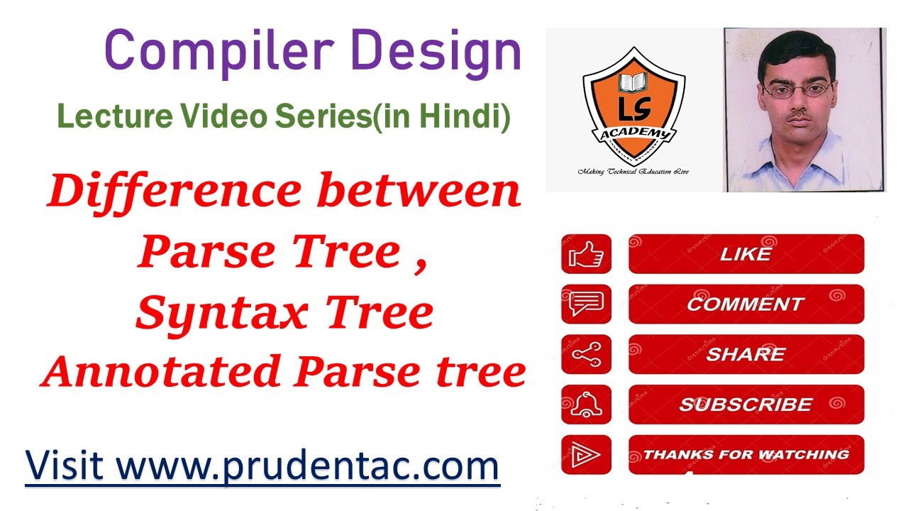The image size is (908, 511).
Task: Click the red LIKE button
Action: tap(746, 254)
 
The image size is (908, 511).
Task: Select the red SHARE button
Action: tap(746, 354)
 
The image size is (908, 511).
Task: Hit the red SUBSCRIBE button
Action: tap(746, 405)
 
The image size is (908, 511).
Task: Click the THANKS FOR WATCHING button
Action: tap(746, 455)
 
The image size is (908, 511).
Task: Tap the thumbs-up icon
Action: tap(586, 254)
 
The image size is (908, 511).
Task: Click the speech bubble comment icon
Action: tap(586, 304)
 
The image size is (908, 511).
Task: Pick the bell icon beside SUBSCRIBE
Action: tap(586, 405)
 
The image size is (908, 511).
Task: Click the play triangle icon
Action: tap(586, 455)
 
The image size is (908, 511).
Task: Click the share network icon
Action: tap(586, 354)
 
